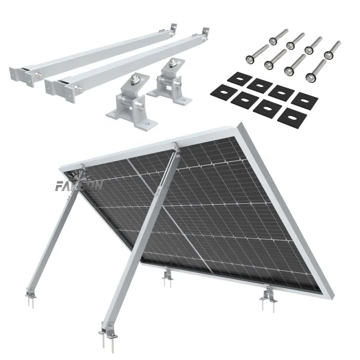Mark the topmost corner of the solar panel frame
click(242, 124)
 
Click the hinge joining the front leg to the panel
click(173, 148)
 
